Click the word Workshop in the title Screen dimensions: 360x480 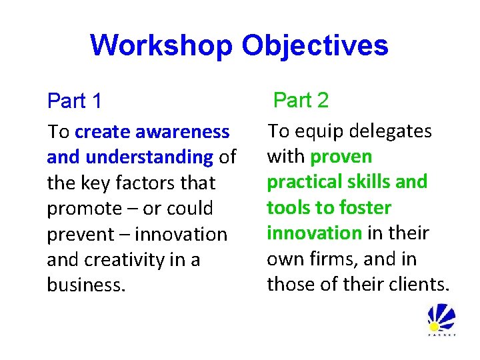[161, 45]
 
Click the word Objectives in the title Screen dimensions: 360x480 [314, 45]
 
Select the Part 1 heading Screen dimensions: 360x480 [75, 101]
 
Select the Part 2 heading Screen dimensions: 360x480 [301, 100]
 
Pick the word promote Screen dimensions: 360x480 [84, 209]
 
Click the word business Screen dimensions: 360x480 [85, 285]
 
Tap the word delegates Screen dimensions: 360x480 [390, 131]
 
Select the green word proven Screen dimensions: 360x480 [341, 157]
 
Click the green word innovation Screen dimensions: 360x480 [314, 233]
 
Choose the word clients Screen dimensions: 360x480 [419, 285]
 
